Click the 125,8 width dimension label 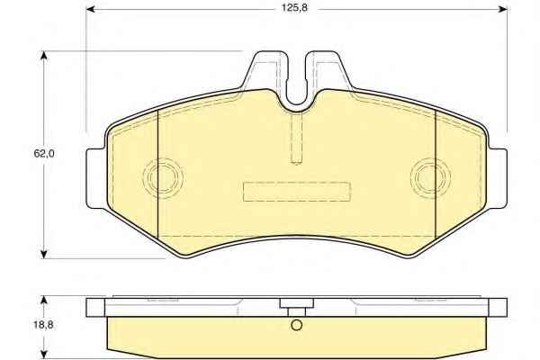[x=294, y=8]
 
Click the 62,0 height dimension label [x=44, y=154]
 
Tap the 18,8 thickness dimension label [x=44, y=325]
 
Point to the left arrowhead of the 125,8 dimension [x=90, y=9]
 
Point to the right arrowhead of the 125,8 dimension [x=503, y=9]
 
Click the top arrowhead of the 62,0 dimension [x=43, y=56]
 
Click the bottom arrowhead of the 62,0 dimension [x=43, y=254]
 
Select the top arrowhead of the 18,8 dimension [x=43, y=300]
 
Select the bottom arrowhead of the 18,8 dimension [x=43, y=355]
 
